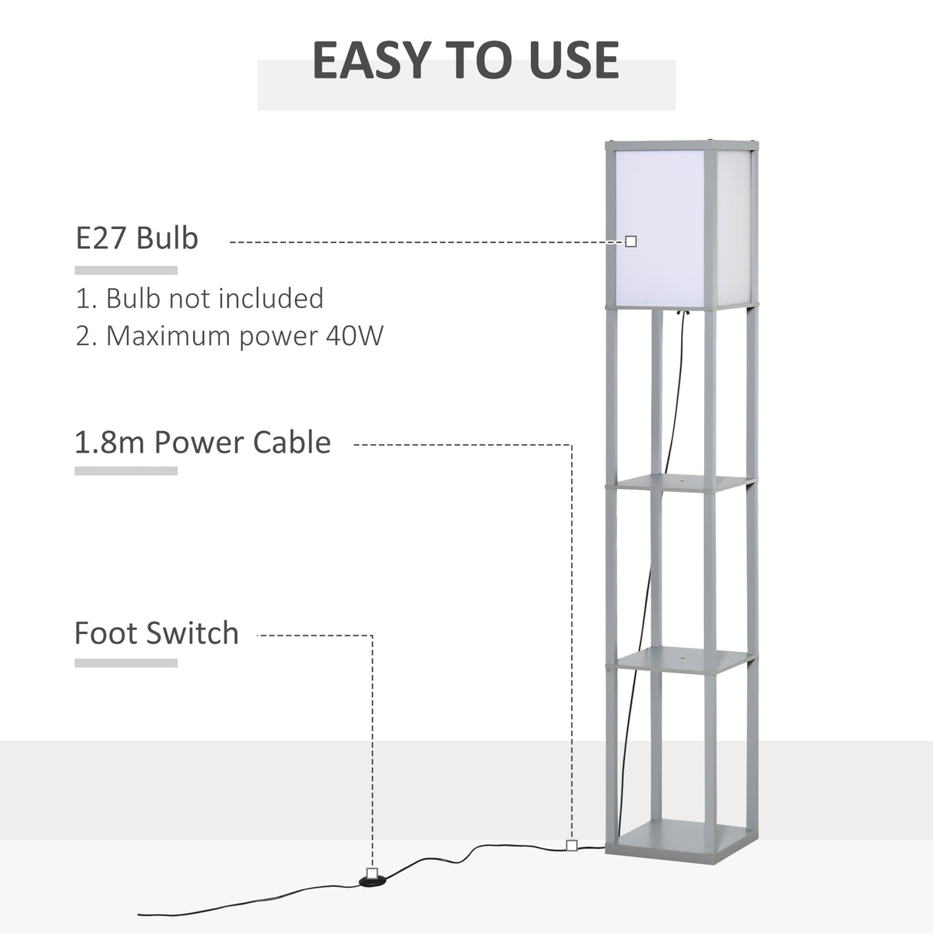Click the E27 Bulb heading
coord(137,238)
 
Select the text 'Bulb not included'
coord(214,298)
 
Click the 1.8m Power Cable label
coord(203,443)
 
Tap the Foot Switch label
coord(157,633)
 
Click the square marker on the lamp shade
coord(631,241)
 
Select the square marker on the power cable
coord(571,845)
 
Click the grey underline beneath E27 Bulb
coord(126,271)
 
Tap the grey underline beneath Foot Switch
coord(126,662)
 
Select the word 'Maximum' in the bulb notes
coord(168,336)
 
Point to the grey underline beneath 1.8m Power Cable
coord(126,471)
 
